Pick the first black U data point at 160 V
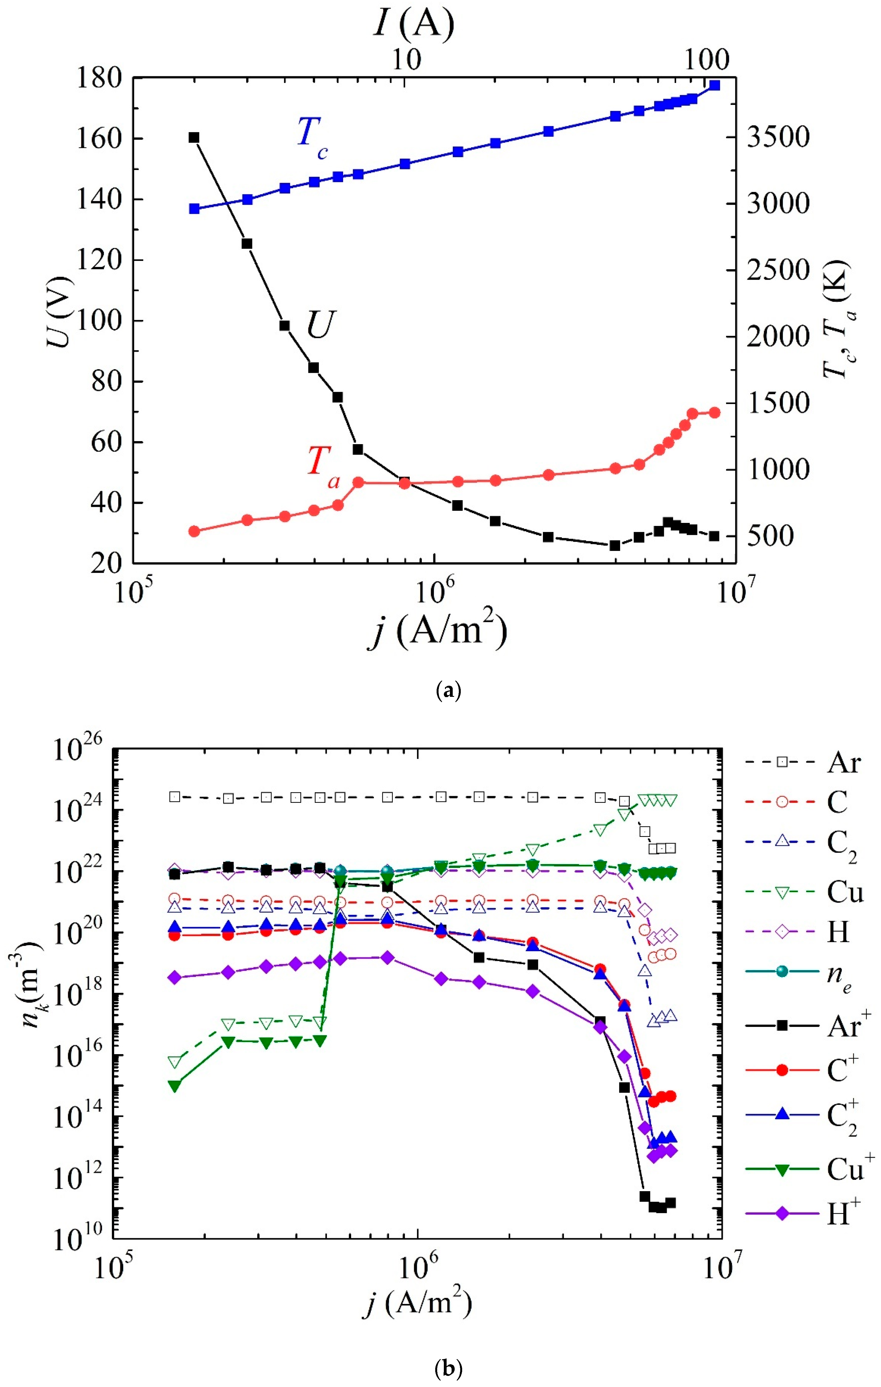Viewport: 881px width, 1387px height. (194, 138)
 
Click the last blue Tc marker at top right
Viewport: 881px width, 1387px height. (714, 85)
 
